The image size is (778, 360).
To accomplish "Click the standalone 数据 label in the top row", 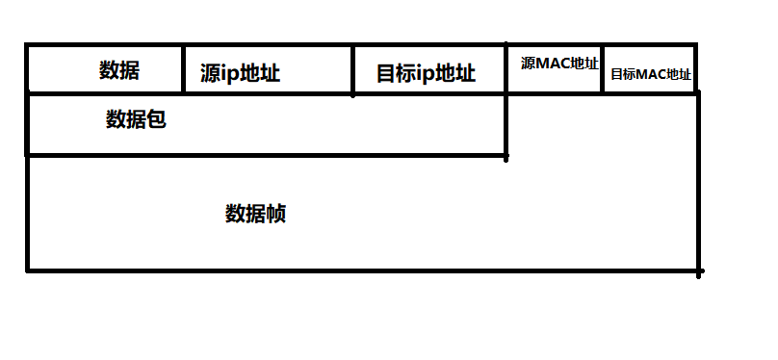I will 119,70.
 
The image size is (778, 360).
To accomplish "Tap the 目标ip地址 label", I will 426,74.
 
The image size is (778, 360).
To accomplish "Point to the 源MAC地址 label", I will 559,64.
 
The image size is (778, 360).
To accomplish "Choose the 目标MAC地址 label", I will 651,73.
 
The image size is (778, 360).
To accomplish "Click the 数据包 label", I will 136,119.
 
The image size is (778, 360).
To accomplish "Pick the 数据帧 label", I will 255,213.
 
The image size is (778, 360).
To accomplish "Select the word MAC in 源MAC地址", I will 555,64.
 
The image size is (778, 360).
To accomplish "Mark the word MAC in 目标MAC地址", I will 651,73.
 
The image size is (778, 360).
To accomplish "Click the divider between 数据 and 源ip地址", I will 183,69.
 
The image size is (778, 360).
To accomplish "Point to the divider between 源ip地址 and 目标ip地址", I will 353,69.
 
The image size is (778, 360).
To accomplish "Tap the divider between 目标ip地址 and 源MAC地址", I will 506,69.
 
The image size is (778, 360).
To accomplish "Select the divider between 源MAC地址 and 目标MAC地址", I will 603,69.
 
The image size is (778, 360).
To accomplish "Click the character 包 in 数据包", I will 156,119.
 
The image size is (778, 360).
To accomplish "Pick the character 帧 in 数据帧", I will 275,213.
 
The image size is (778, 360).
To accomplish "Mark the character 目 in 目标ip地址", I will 385,74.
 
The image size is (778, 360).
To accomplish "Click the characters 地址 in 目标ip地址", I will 455,74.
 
